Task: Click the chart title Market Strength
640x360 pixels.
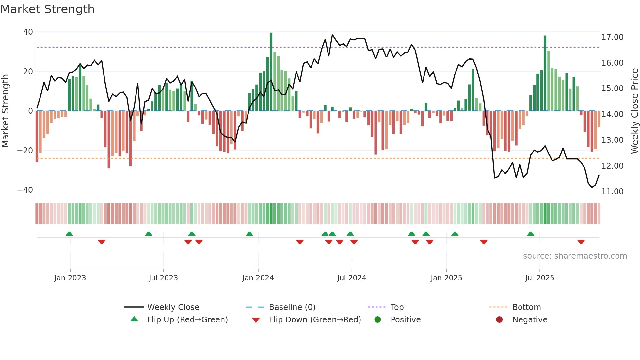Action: click(47, 9)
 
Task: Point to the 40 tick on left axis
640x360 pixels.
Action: click(28, 32)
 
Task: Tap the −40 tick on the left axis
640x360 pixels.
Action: click(25, 190)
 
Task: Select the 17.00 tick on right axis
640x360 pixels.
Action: click(612, 37)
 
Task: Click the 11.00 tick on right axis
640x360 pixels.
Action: click(612, 192)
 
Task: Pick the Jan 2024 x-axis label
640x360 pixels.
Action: click(258, 278)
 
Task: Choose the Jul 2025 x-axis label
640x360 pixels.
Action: click(539, 278)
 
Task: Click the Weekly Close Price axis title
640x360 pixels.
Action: click(634, 111)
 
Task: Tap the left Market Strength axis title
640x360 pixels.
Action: click(6, 111)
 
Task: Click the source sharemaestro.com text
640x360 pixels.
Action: click(575, 256)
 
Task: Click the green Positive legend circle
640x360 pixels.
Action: click(377, 320)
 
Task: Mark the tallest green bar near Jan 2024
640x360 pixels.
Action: click(271, 72)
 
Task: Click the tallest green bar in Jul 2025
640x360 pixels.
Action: click(545, 74)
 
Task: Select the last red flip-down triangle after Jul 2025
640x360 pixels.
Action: click(581, 242)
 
